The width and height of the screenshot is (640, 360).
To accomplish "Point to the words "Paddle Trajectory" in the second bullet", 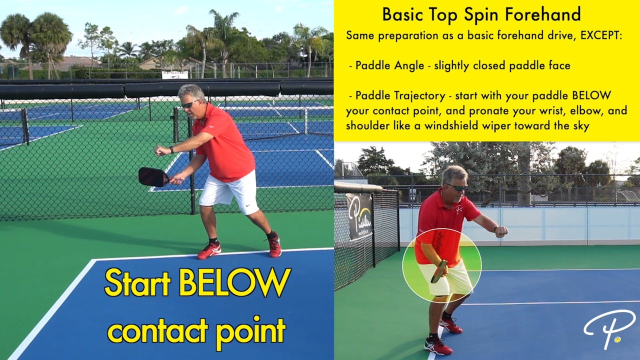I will tap(400, 95).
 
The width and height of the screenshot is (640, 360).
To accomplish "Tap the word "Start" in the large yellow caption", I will tap(137, 283).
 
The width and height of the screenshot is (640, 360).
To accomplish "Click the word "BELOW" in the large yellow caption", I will tap(234, 283).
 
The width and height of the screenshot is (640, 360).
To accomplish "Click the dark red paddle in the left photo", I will tap(153, 176).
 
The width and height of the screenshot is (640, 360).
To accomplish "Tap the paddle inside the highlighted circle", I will tap(439, 271).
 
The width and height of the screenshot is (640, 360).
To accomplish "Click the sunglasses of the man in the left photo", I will tap(189, 104).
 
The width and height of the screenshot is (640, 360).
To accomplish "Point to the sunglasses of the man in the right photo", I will tap(457, 187).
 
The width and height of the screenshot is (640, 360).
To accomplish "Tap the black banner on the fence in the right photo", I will tap(359, 216).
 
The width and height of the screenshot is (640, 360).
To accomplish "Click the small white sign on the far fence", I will tap(174, 75).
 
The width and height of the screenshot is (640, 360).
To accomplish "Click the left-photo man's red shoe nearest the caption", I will tap(209, 250).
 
